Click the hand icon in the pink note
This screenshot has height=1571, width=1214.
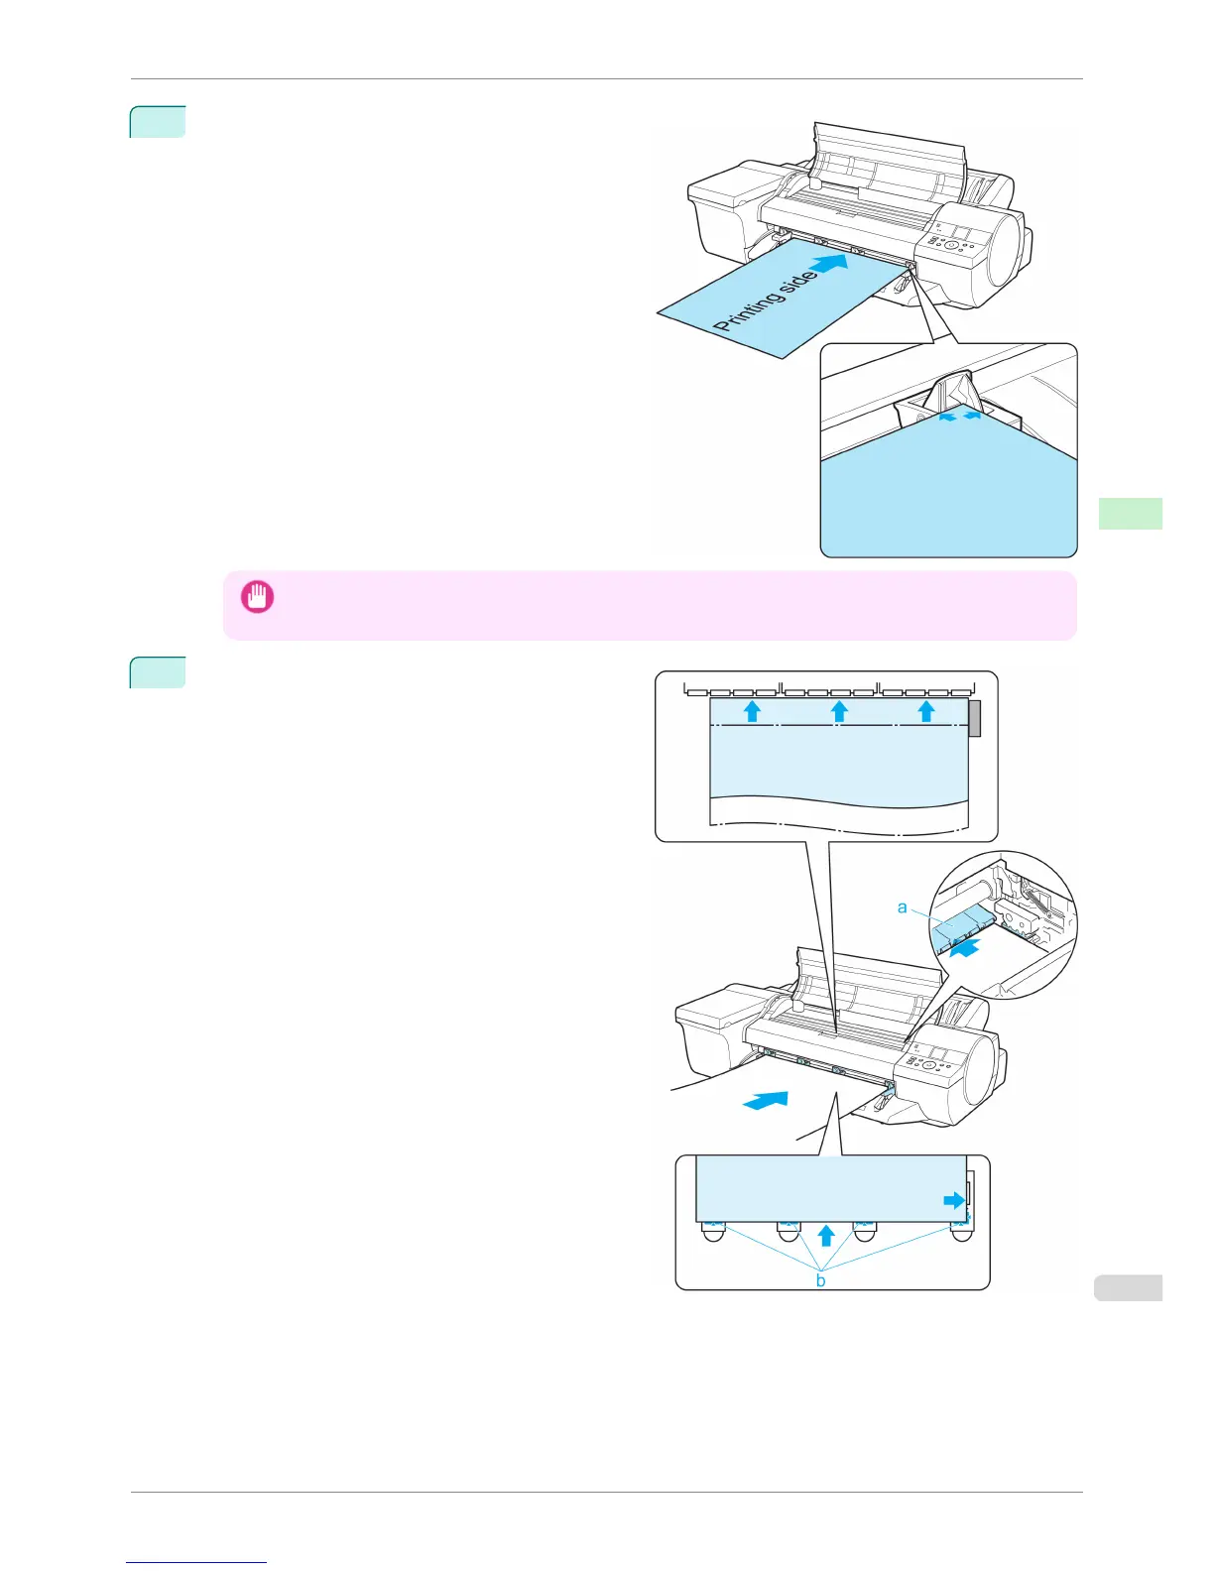(x=257, y=597)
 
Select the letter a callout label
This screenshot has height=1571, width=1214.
(x=902, y=906)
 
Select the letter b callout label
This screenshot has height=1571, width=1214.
(x=820, y=1280)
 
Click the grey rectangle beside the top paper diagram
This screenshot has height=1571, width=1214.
(x=974, y=718)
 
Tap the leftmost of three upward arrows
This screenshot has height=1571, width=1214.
(x=752, y=710)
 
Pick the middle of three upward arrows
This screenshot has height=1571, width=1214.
(x=839, y=710)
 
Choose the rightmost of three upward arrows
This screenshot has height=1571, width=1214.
(x=926, y=710)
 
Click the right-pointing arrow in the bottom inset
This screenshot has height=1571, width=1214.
(x=953, y=1201)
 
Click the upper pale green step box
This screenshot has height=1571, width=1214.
(x=158, y=121)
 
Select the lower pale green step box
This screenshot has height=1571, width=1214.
(x=158, y=672)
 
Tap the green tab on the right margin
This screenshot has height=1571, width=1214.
(x=1131, y=514)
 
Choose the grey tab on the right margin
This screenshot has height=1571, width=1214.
(x=1129, y=1287)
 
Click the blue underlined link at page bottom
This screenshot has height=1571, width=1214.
(x=196, y=1564)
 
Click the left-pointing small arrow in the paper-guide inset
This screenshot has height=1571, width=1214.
(x=948, y=419)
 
